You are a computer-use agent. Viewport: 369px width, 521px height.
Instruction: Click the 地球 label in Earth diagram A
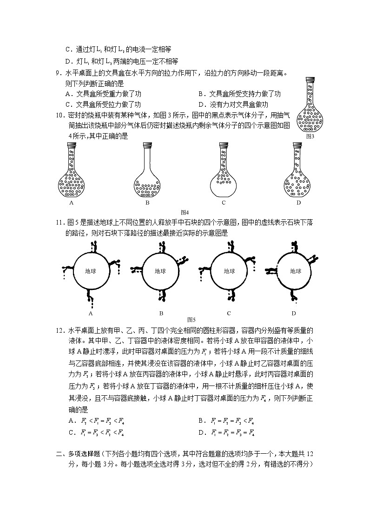pos(92,271)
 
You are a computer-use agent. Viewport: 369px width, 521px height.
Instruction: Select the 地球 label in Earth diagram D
pos(296,271)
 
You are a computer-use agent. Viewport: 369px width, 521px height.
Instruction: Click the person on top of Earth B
pos(163,247)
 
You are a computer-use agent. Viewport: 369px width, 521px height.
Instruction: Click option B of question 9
pos(239,94)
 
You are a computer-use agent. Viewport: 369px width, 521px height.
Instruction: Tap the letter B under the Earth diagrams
pos(161,313)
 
